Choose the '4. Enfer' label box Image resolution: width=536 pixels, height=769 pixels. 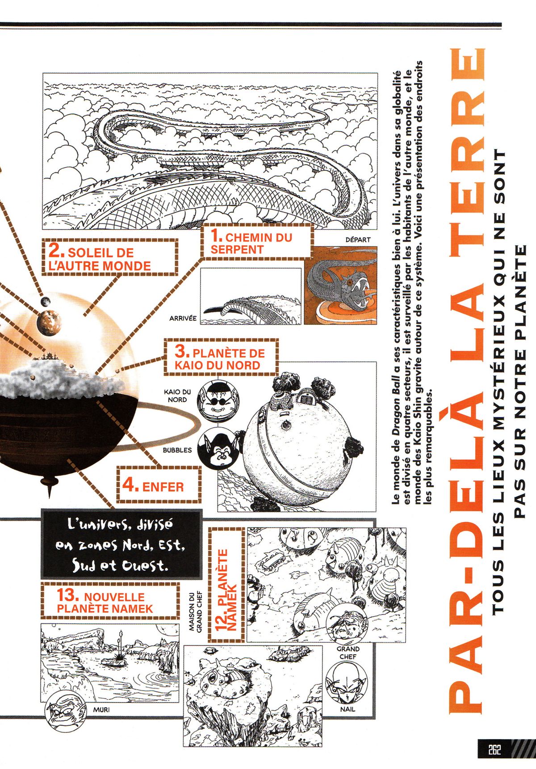click(x=159, y=484)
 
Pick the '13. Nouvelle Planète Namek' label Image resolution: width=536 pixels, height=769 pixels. click(x=110, y=602)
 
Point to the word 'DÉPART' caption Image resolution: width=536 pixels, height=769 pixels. click(x=357, y=240)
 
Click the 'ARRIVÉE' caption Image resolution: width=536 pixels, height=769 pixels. click(x=183, y=318)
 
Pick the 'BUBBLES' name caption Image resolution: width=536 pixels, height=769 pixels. click(x=177, y=450)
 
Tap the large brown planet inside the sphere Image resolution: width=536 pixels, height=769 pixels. click(x=49, y=323)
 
